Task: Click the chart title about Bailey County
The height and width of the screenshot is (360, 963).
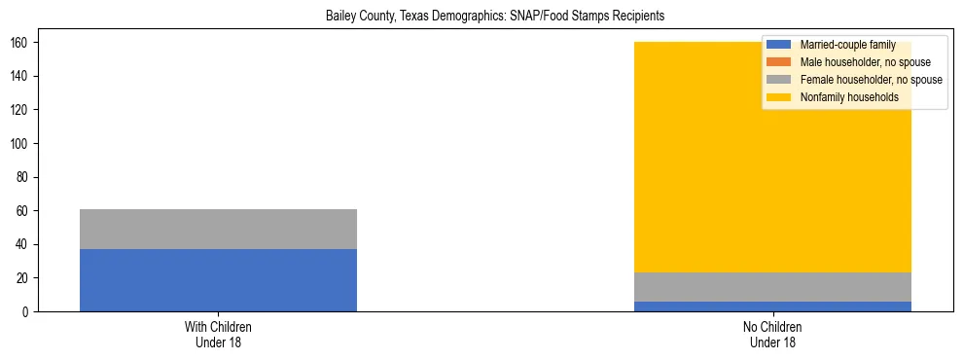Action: click(x=481, y=17)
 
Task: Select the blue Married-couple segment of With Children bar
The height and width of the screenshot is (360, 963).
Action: click(x=218, y=280)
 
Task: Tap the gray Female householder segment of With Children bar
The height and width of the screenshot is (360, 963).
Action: click(x=218, y=229)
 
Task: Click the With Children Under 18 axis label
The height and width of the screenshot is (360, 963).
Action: click(x=218, y=335)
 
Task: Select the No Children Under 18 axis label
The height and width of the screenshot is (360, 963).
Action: click(x=772, y=335)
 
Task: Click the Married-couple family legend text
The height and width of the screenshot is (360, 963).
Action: click(x=847, y=45)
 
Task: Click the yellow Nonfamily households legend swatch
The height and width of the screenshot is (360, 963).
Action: click(x=779, y=97)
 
